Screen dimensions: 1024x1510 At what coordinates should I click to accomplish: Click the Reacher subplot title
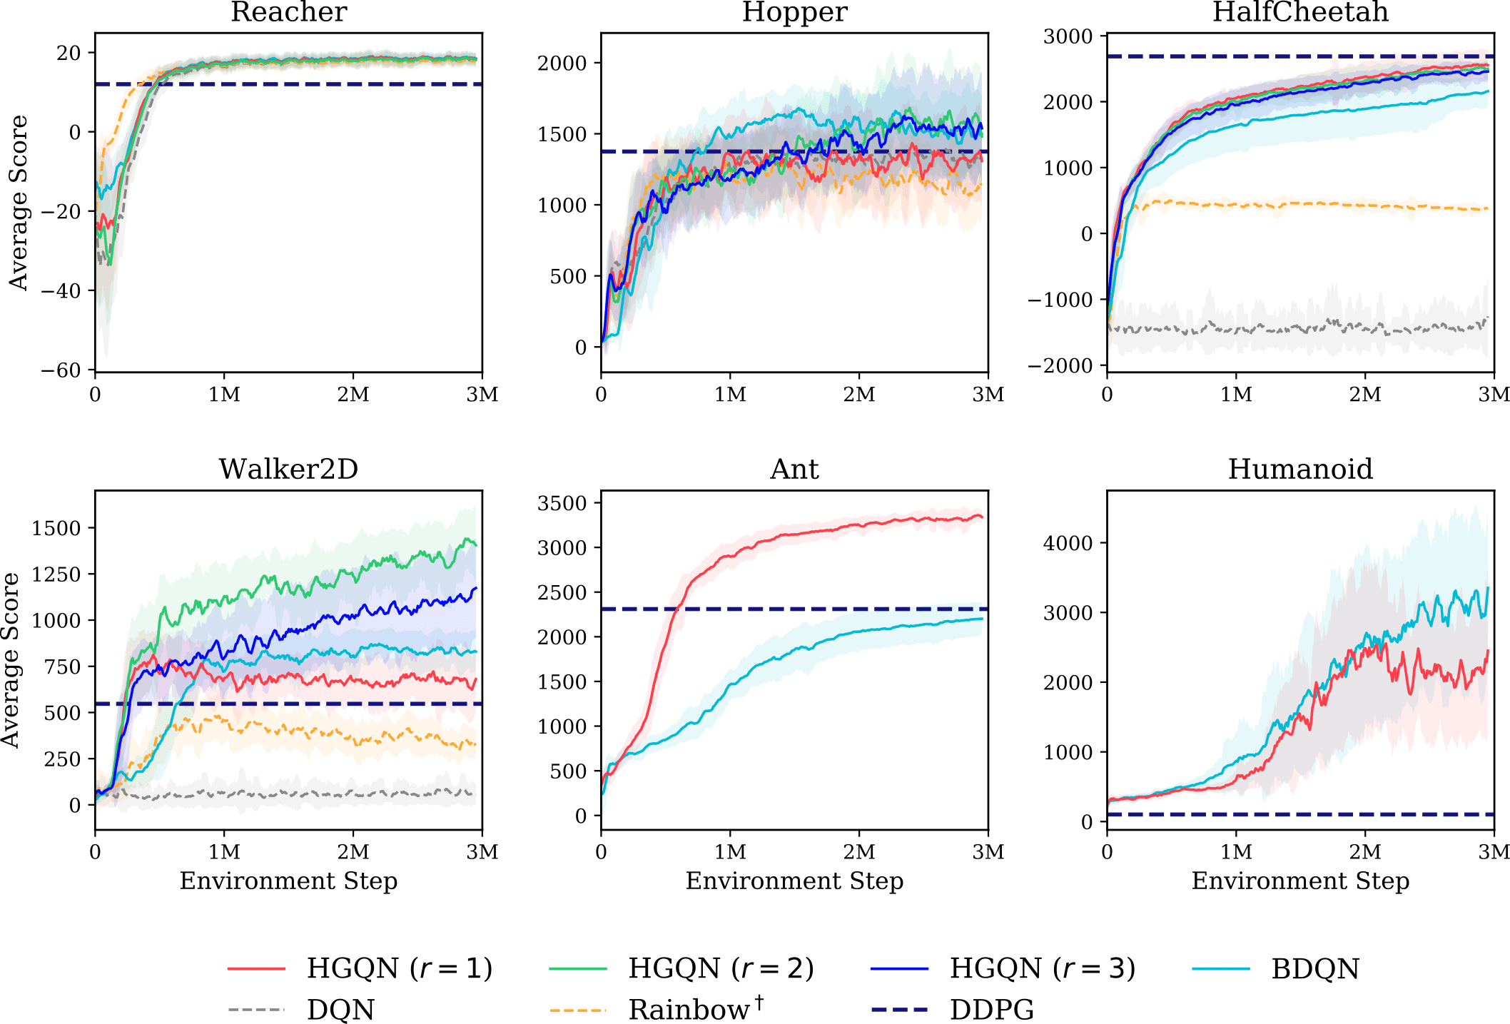coord(288,12)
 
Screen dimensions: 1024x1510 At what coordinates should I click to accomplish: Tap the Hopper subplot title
coord(794,12)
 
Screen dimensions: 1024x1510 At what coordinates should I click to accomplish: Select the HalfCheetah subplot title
coord(1300,12)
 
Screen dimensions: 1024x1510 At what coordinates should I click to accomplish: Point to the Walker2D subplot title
coord(288,469)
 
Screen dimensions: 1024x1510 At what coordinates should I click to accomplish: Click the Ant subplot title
coord(794,469)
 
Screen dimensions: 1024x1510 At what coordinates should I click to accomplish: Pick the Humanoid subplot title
coord(1300,469)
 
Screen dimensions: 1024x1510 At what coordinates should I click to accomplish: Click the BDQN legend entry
coord(1315,968)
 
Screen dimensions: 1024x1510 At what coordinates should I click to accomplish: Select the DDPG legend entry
coord(992,1009)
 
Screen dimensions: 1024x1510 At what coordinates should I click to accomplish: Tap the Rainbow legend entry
coord(689,1009)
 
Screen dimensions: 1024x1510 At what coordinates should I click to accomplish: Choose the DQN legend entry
coord(340,1009)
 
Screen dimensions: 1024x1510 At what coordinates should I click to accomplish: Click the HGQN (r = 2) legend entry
coord(721,968)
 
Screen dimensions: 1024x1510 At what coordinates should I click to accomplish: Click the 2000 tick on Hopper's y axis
coord(562,63)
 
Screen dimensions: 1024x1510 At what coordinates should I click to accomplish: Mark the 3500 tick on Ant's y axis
coord(562,503)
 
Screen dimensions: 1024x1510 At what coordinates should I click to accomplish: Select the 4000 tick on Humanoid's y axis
coord(1068,543)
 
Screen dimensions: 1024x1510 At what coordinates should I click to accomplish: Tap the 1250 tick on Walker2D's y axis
coord(56,574)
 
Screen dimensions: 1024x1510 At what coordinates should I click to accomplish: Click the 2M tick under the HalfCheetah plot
coord(1365,395)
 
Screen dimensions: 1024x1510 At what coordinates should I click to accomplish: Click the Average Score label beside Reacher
coord(18,203)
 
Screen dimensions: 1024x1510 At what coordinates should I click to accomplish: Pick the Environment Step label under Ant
coord(794,881)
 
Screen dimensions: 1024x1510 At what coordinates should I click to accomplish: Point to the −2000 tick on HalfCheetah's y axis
coord(1060,366)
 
